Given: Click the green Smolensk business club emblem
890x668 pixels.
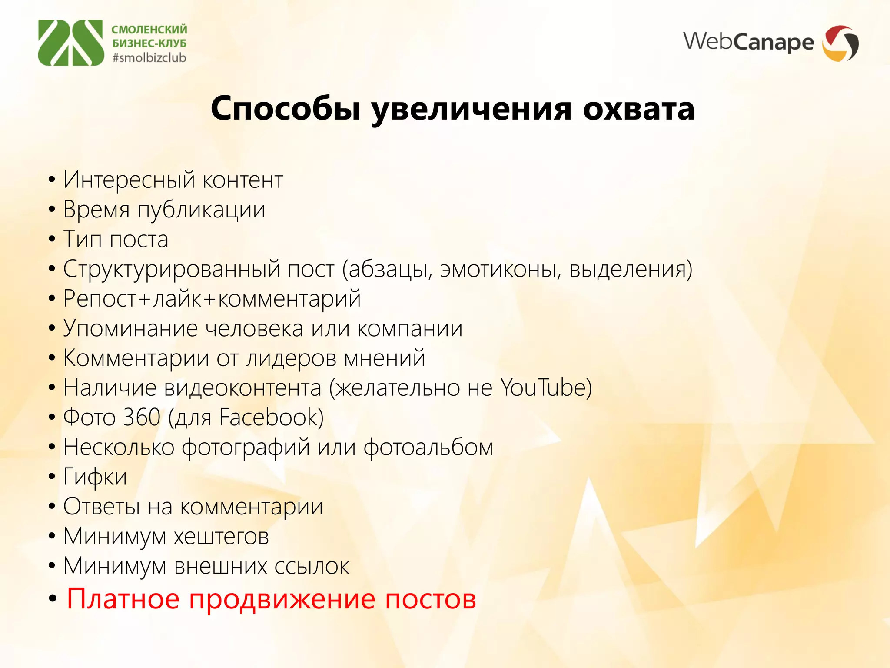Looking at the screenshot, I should click(71, 43).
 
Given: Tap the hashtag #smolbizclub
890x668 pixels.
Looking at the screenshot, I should click(149, 58).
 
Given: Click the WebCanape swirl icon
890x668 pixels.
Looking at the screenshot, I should click(840, 43).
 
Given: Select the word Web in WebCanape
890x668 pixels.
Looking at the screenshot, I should click(707, 41).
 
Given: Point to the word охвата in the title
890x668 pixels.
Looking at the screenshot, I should click(638, 109).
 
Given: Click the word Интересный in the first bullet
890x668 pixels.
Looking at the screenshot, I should click(129, 180).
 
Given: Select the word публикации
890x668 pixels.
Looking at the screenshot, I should click(201, 210).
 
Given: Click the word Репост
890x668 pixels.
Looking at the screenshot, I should click(100, 299).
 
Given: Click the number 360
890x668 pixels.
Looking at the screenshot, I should click(142, 417).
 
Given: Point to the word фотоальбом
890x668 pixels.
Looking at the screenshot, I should click(428, 447).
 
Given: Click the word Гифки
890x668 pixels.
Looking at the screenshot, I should click(95, 477).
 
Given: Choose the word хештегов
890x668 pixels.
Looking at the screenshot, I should click(221, 536).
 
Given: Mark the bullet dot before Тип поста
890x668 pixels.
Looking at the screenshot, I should click(52, 239).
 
